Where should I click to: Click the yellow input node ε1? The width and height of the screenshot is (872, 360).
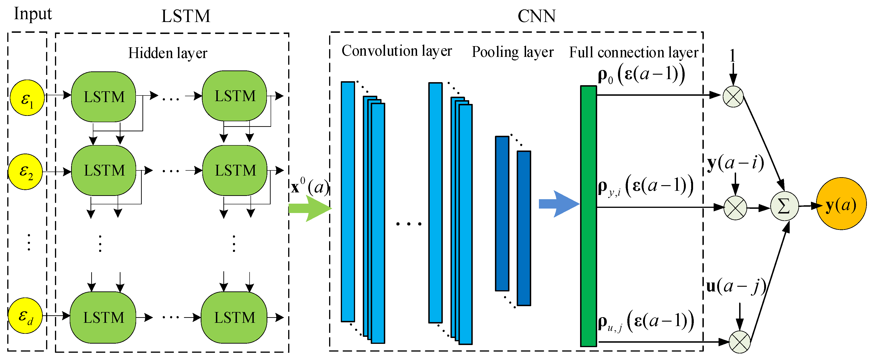[x=27, y=98]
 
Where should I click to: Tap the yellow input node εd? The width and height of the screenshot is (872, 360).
[x=25, y=316]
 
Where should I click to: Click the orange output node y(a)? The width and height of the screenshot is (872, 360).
[x=841, y=204]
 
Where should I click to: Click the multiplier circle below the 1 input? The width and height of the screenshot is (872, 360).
[x=733, y=96]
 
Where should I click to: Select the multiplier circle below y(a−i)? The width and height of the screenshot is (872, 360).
[x=735, y=208]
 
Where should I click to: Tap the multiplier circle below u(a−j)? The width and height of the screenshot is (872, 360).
[x=739, y=342]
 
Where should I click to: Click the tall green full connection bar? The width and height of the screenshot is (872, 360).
[x=588, y=216]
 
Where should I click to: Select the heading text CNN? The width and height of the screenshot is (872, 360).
[x=537, y=16]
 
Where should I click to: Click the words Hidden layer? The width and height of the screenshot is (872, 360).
[x=167, y=53]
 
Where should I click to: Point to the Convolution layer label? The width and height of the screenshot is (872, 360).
[x=396, y=51]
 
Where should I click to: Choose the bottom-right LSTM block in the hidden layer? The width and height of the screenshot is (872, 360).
[x=234, y=318]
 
